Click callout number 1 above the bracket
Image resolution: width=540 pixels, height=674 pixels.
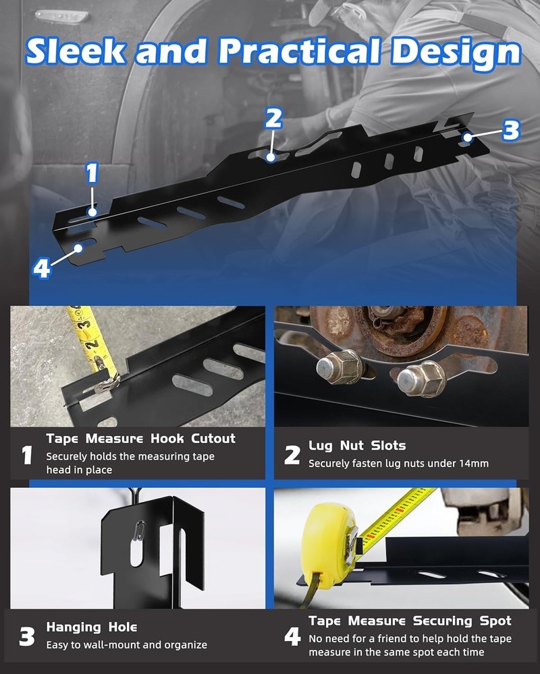tap(92, 174)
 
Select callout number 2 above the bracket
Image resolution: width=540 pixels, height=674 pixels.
tap(273, 119)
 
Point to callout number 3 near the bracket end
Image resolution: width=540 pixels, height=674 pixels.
tap(511, 130)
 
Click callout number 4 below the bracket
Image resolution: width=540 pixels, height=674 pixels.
tap(42, 269)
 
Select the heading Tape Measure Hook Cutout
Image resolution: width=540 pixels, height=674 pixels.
tap(140, 439)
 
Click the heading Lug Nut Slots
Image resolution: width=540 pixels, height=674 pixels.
tap(357, 446)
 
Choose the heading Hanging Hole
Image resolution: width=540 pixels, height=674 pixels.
tap(92, 627)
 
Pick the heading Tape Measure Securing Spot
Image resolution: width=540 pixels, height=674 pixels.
tap(410, 621)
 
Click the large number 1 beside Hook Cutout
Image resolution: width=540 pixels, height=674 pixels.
tap(27, 456)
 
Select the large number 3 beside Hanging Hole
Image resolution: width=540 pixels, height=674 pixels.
tap(27, 637)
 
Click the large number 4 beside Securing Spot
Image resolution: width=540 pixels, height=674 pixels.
tap(292, 637)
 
